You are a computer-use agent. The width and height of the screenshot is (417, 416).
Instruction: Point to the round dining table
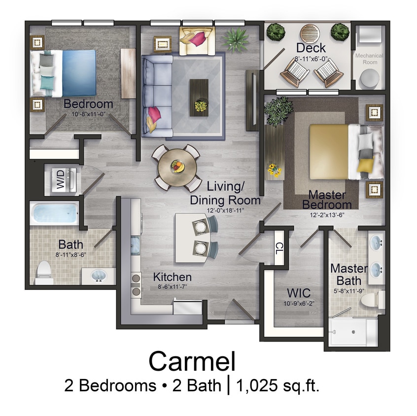pyautogui.click(x=176, y=167)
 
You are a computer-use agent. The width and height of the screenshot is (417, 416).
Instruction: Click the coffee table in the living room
pyautogui.click(x=199, y=97)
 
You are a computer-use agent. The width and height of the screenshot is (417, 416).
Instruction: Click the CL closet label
pyautogui.click(x=279, y=248)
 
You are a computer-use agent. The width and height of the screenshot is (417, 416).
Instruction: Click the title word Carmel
pyautogui.click(x=192, y=361)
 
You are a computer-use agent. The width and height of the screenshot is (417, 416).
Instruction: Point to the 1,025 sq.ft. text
pyautogui.click(x=279, y=385)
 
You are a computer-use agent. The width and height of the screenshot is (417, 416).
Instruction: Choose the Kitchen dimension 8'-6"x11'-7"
pyautogui.click(x=172, y=286)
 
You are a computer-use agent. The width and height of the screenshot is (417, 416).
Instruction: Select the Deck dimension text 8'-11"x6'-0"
pyautogui.click(x=311, y=59)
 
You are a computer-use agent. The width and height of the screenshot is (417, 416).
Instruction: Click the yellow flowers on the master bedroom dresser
pyautogui.click(x=274, y=170)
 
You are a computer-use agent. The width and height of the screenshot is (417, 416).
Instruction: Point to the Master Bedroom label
pyautogui.click(x=327, y=200)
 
